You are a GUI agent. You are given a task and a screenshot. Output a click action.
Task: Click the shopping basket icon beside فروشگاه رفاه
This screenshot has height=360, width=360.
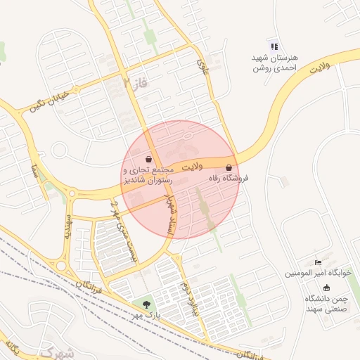[230, 168]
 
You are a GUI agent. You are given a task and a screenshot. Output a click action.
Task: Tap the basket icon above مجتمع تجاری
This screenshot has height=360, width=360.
[148, 159]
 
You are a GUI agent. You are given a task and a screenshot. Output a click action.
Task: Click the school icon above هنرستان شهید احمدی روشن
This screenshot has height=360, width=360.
[274, 46]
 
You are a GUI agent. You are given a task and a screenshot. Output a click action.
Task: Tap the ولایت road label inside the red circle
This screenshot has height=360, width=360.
[191, 167]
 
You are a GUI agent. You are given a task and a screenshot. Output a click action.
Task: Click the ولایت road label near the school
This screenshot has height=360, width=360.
[319, 69]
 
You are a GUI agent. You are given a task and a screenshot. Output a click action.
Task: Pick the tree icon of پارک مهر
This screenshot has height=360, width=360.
[146, 304]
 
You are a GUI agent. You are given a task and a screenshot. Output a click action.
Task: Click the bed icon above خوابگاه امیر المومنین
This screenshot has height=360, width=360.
[318, 262]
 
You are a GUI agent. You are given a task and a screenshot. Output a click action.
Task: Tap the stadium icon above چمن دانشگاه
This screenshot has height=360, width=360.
[326, 288]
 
